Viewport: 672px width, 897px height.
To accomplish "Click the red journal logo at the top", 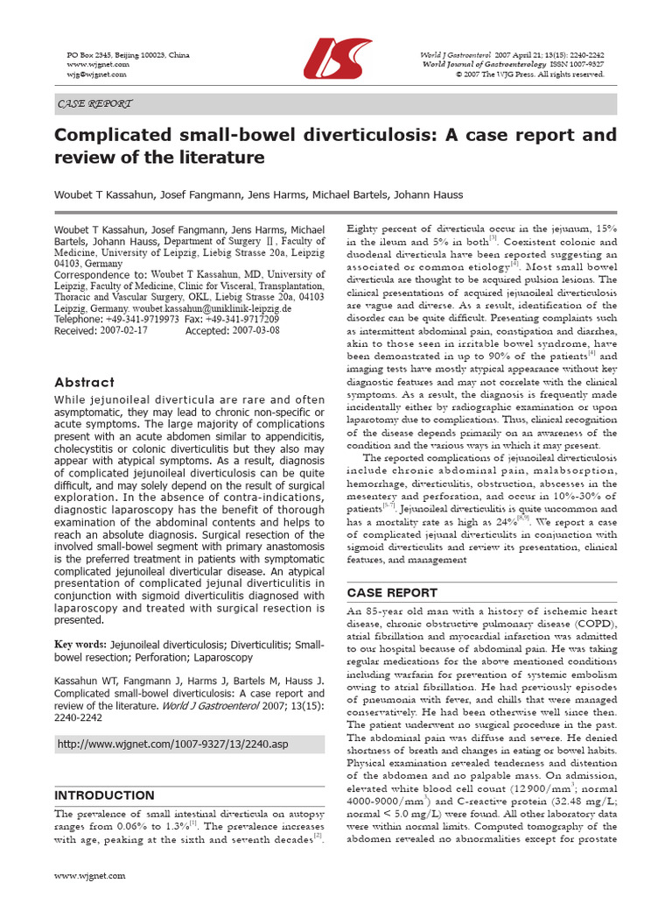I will (x=337, y=59).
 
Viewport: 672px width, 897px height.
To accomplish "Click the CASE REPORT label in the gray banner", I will (x=94, y=103).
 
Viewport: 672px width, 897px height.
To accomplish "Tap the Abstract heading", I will (x=84, y=382).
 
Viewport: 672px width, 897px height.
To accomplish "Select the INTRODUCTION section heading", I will (x=104, y=795).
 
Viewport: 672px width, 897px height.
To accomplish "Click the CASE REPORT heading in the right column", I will (x=392, y=592).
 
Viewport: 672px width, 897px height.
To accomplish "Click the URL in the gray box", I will (x=171, y=745).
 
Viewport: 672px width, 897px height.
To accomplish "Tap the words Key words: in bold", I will (x=83, y=645).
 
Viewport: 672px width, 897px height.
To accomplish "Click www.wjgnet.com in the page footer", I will (x=90, y=875).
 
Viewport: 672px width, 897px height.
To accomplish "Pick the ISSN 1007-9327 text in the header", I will (x=577, y=64).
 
